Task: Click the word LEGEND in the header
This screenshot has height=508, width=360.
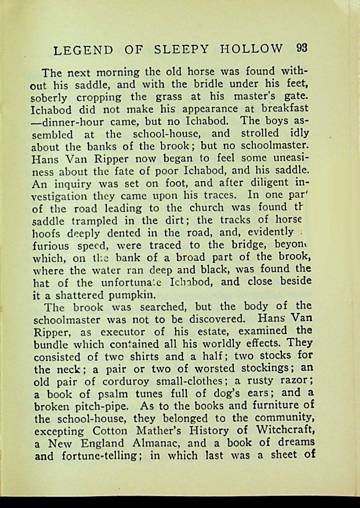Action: (x=84, y=50)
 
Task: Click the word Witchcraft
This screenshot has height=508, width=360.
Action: (x=285, y=430)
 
